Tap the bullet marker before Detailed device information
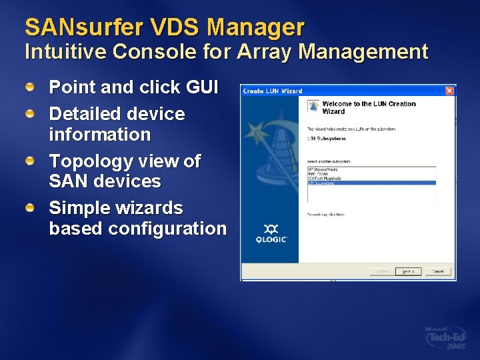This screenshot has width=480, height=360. pos(30,115)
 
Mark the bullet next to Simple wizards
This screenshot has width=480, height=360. pos(30,209)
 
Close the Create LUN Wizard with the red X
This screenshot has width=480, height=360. pos(450,91)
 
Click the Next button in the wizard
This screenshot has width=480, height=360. pos(407,271)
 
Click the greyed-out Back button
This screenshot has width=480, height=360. pos(381,271)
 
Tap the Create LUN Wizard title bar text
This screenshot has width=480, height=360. pos(272,91)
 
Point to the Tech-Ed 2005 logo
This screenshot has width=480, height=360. pos(446,339)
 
